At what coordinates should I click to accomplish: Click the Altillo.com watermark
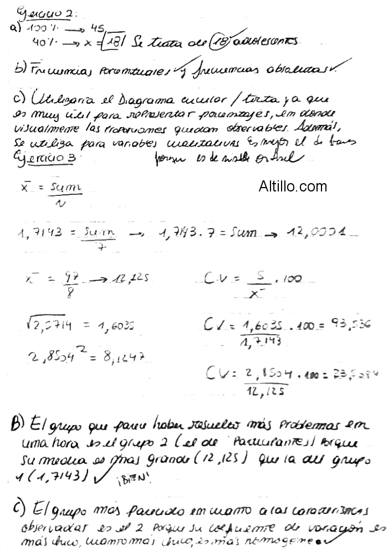(x=293, y=186)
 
